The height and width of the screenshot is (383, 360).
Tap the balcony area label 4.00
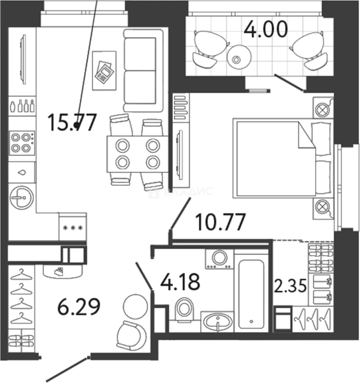pyautogui.click(x=265, y=30)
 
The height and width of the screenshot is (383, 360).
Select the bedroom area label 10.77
pyautogui.click(x=220, y=222)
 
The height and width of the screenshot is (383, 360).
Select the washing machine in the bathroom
pyautogui.click(x=219, y=259)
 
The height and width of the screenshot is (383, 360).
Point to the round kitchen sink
pyautogui.click(x=21, y=196)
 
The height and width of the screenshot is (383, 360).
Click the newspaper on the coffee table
pyautogui.click(x=104, y=72)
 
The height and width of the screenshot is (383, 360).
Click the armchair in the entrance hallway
pyautogui.click(x=131, y=335)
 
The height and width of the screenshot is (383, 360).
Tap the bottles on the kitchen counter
pyautogui.click(x=22, y=106)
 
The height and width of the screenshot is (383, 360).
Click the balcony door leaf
pyautogui.click(x=289, y=83)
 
